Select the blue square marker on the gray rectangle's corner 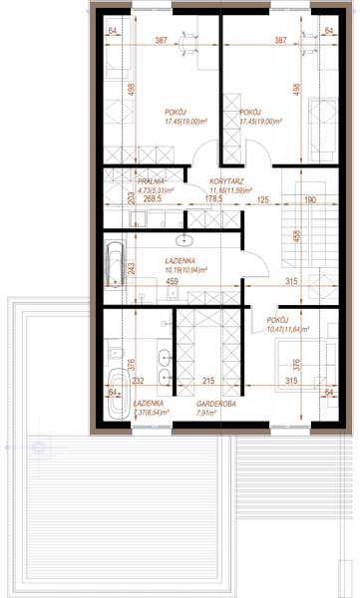tap(38, 447)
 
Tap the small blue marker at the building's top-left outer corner tap(86, 12)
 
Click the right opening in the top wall tap(290, 5)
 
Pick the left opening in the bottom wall tap(152, 433)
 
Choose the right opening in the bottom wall tap(290, 433)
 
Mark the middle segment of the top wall tap(220, 5)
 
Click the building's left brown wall tap(93, 219)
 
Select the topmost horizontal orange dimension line tap(219, 45)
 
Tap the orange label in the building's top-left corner tap(113, 32)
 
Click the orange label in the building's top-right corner tap(327, 32)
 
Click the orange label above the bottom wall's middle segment tap(215, 407)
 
